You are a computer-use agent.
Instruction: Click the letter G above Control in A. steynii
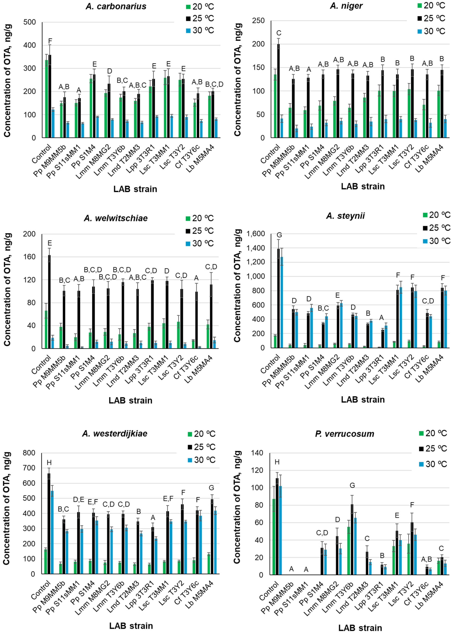point(279,235)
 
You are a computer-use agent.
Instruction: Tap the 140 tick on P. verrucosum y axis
point(257,453)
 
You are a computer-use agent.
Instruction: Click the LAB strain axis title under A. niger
point(363,186)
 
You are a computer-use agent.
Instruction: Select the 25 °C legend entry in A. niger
point(431,19)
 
